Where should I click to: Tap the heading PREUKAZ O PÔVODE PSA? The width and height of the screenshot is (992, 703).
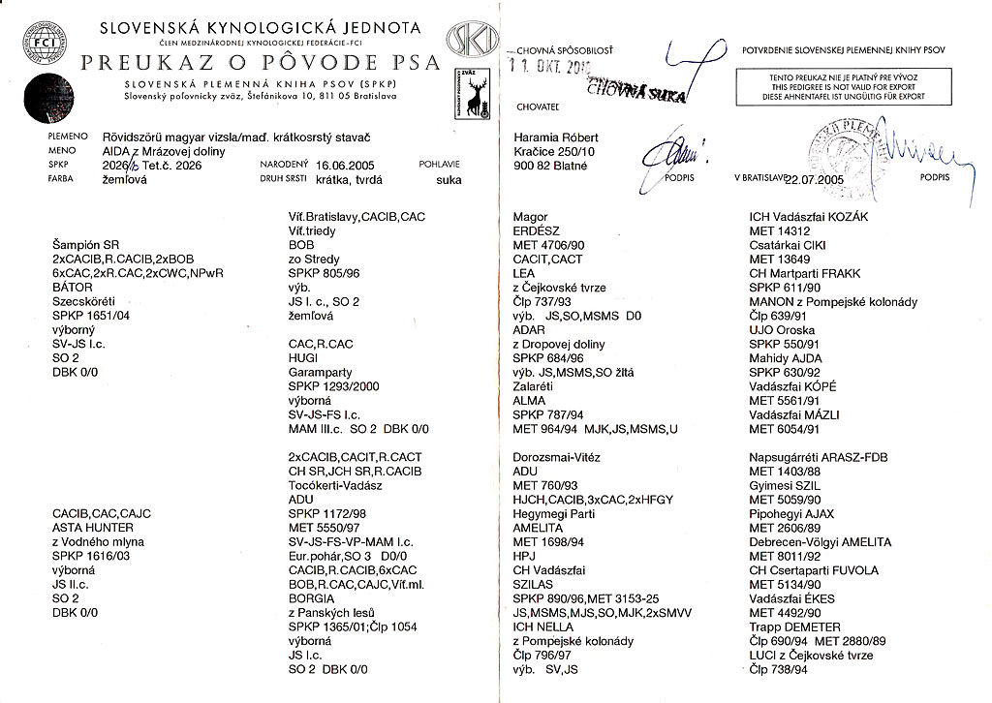pyautogui.click(x=261, y=64)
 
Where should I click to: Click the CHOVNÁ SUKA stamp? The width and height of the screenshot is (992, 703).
pyautogui.click(x=634, y=92)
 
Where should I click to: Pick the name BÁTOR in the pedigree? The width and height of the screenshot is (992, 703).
pyautogui.click(x=73, y=288)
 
